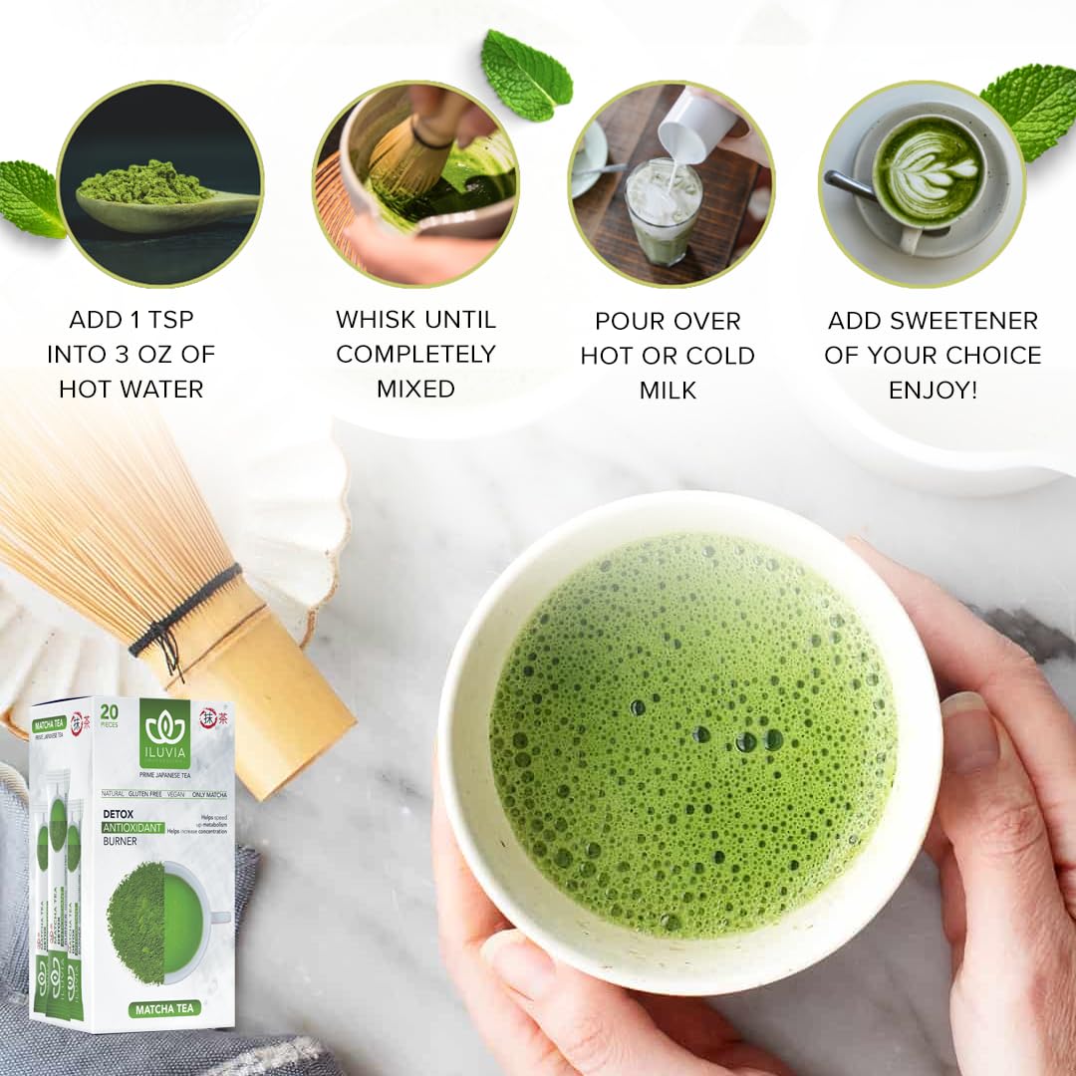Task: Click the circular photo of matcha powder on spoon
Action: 159,184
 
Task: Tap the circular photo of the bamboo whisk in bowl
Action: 416,184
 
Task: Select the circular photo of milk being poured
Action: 671,184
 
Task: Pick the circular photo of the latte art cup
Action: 923,184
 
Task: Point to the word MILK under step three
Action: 668,390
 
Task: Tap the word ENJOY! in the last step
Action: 933,390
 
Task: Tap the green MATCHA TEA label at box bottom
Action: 163,1008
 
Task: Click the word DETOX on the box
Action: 121,814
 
